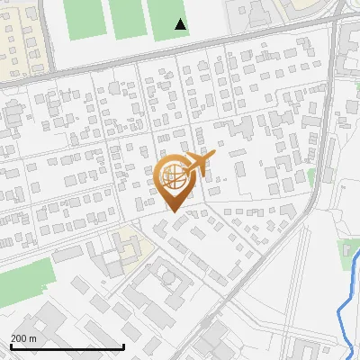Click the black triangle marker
pyautogui.click(x=181, y=24)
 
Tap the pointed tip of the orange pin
pyautogui.click(x=172, y=212)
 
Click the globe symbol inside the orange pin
pyautogui.click(x=172, y=177)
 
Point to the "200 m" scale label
pyautogui.click(x=24, y=337)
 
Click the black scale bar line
pyautogui.click(x=67, y=346)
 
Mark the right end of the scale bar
pyautogui.click(x=123, y=346)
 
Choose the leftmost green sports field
pyautogui.click(x=85, y=18)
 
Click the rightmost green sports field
pyautogui.click(x=168, y=18)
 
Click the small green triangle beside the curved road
pyautogui.click(x=311, y=177)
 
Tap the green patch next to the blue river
pyautogui.click(x=349, y=255)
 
